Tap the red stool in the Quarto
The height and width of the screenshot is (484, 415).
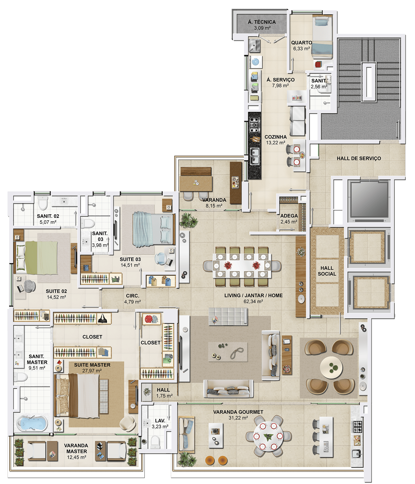click(x=318, y=65)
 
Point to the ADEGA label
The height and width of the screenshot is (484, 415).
click(x=289, y=216)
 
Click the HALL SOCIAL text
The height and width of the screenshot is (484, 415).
click(x=327, y=271)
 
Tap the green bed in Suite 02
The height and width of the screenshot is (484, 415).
click(x=37, y=257)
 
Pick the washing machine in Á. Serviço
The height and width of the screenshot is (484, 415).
click(x=256, y=62)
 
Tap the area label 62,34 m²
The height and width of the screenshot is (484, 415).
click(x=253, y=301)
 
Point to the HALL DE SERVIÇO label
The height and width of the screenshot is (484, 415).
click(x=359, y=158)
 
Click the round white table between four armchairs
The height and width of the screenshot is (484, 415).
click(x=331, y=367)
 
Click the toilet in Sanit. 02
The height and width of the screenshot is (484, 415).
click(x=43, y=202)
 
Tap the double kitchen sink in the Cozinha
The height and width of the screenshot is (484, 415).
click(x=254, y=156)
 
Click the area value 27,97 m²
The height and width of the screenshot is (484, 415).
click(x=92, y=371)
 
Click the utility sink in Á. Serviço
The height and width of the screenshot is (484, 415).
click(x=254, y=46)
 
